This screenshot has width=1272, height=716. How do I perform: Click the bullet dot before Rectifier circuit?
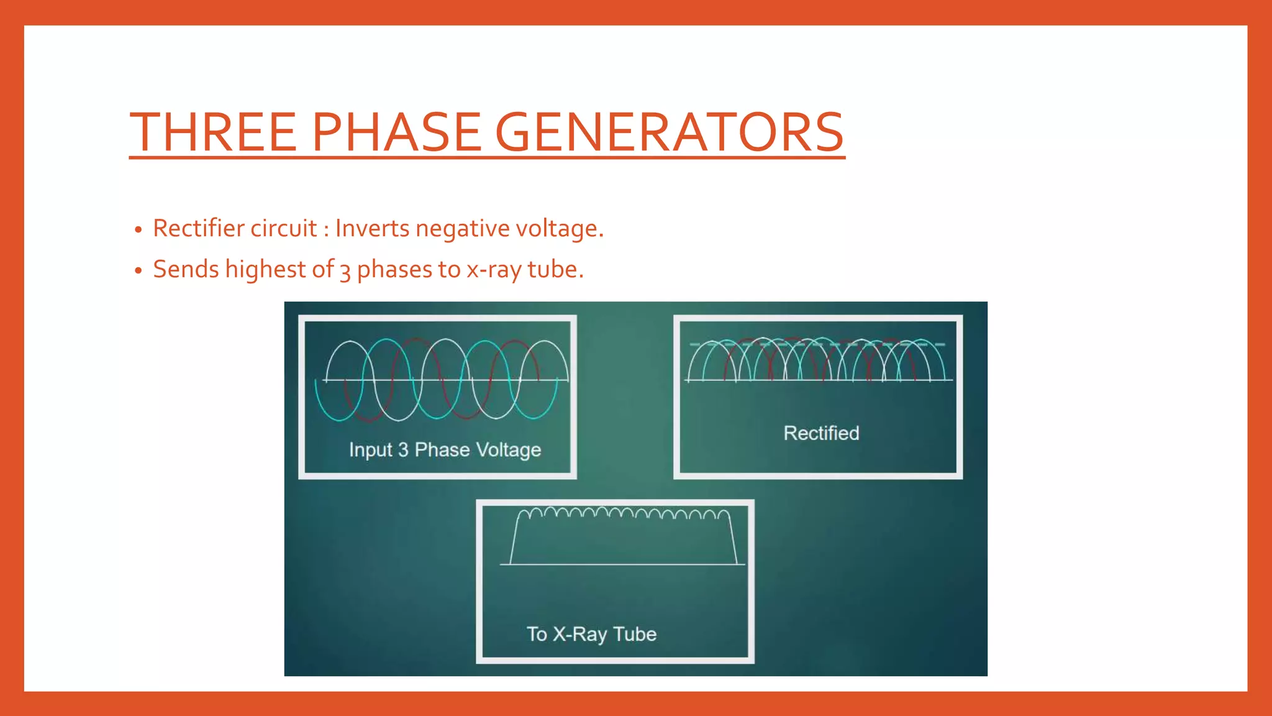pyautogui.click(x=139, y=230)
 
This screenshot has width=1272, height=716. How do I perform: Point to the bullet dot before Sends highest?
pyautogui.click(x=139, y=271)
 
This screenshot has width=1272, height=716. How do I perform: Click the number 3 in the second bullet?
pyautogui.click(x=345, y=271)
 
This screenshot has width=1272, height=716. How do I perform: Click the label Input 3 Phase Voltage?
pyautogui.click(x=445, y=449)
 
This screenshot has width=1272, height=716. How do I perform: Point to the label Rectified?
pyautogui.click(x=821, y=433)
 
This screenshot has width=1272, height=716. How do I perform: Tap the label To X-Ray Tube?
pyautogui.click(x=591, y=634)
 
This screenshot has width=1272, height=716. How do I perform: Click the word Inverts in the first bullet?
pyautogui.click(x=372, y=228)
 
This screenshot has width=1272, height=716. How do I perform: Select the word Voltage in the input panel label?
pyautogui.click(x=508, y=449)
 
